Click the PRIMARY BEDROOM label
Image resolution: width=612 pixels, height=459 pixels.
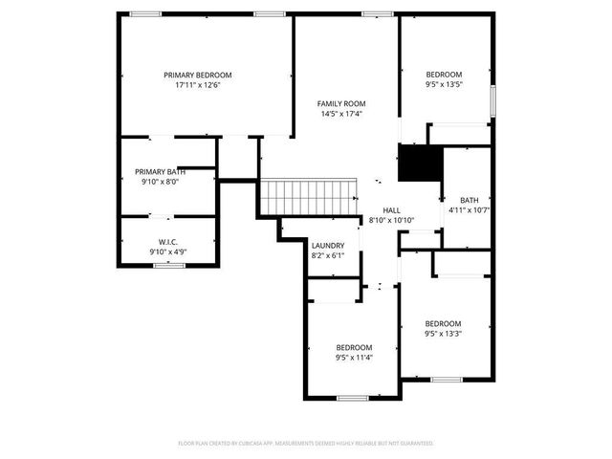pyautogui.click(x=197, y=75)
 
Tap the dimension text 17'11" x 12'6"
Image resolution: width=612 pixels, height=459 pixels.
pyautogui.click(x=197, y=85)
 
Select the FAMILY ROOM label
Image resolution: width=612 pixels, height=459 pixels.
pyautogui.click(x=341, y=103)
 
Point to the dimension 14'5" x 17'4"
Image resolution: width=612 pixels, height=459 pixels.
pyautogui.click(x=341, y=114)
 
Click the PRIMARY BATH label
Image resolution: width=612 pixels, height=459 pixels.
pyautogui.click(x=161, y=171)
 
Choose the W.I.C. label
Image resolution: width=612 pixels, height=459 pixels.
pyautogui.click(x=167, y=242)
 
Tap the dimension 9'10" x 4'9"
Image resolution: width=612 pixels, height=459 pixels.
pyautogui.click(x=167, y=251)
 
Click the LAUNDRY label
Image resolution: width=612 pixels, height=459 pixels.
pyautogui.click(x=327, y=246)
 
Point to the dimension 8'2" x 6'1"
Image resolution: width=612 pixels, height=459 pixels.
pyautogui.click(x=327, y=255)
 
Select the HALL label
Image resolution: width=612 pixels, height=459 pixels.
pyautogui.click(x=392, y=210)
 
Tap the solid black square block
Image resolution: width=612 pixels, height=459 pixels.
pyautogui.click(x=416, y=164)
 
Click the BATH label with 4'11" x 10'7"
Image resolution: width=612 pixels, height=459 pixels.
pyautogui.click(x=469, y=200)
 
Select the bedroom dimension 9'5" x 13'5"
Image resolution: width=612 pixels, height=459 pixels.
pyautogui.click(x=444, y=85)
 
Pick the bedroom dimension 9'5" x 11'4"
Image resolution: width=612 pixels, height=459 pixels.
pyautogui.click(x=354, y=358)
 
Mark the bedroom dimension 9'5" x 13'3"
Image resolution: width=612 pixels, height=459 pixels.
pyautogui.click(x=443, y=334)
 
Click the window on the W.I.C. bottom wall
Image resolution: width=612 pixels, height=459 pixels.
pyautogui.click(x=168, y=265)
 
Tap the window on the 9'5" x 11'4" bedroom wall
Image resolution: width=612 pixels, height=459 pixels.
pyautogui.click(x=353, y=398)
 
